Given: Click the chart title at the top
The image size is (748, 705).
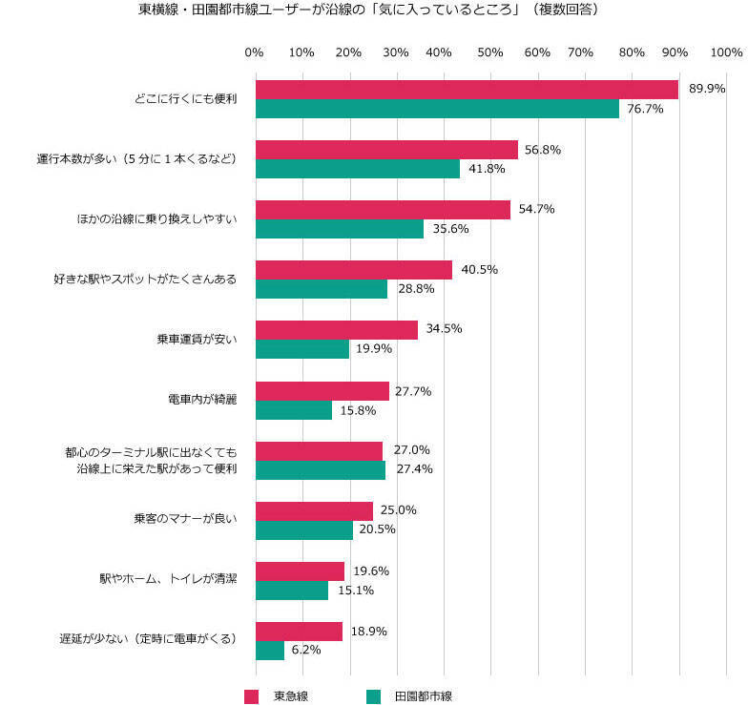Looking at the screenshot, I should (x=375, y=10).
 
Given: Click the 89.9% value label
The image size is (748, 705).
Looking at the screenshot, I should (x=707, y=89).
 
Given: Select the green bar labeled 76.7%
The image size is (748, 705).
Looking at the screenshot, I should (x=437, y=109).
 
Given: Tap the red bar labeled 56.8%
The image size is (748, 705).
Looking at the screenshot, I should (x=386, y=150).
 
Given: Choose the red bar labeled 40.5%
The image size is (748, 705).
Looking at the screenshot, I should (x=353, y=270).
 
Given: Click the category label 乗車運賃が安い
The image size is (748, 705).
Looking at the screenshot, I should (x=197, y=339).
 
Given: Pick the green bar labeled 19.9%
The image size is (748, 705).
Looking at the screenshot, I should (x=301, y=349).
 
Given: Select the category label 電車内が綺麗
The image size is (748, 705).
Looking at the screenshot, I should (x=201, y=399).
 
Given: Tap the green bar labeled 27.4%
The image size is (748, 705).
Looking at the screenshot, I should (x=320, y=469).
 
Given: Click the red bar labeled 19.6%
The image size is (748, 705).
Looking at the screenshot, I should (x=300, y=570).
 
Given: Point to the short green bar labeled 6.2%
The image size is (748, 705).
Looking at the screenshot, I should (x=269, y=650).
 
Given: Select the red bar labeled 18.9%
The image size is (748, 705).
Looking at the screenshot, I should (x=298, y=631).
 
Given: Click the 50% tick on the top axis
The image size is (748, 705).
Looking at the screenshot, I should (x=489, y=52).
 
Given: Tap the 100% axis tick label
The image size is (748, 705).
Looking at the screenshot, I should (x=725, y=52).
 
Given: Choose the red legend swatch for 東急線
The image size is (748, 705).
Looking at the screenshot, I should (x=252, y=695).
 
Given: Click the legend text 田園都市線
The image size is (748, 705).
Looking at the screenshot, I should (x=423, y=695).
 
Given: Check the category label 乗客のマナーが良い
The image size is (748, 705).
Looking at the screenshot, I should (x=185, y=519).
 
